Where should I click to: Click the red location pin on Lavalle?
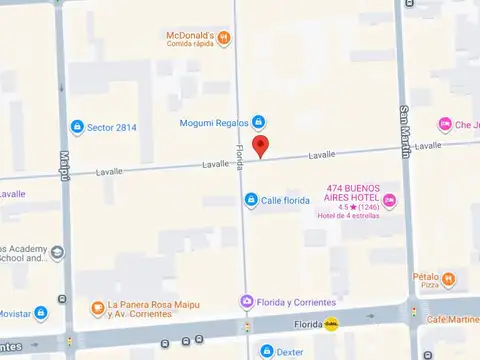[x=261, y=146]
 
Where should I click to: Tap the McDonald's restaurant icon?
[x=224, y=38]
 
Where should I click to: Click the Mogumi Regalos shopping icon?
[x=258, y=123]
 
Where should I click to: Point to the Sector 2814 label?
[x=111, y=127]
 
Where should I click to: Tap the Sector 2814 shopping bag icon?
[x=77, y=127]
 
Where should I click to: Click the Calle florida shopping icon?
[x=251, y=200]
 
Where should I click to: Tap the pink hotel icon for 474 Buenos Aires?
[x=390, y=202]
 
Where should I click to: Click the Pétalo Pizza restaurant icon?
[x=449, y=279]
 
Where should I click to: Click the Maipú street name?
[x=63, y=166]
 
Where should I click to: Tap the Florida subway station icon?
[x=331, y=324]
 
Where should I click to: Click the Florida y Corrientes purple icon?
[x=246, y=302]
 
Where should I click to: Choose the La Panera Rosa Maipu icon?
[x=97, y=308]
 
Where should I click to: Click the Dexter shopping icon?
[x=266, y=351]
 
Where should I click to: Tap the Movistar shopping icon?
[x=41, y=313]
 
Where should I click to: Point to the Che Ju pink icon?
[x=445, y=124]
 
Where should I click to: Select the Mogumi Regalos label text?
[x=214, y=124]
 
